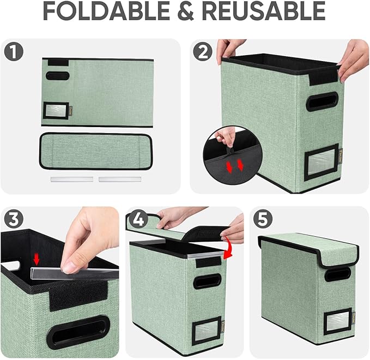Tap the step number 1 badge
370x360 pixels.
[x=14, y=52]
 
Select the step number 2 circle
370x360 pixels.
[x=203, y=52]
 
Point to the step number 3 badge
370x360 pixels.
[x=14, y=219]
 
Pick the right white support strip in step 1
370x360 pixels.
[x=120, y=178]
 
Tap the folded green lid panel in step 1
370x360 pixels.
[x=96, y=150]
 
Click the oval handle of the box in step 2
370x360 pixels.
[x=322, y=101]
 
